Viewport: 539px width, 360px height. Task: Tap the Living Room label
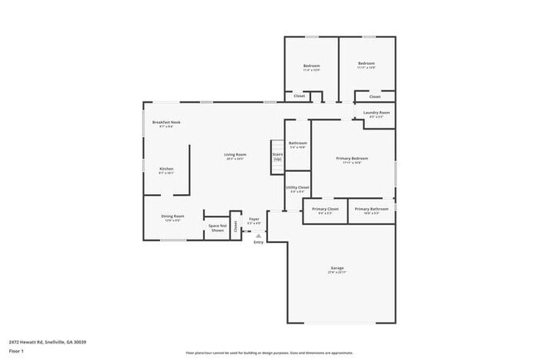tap(235, 155)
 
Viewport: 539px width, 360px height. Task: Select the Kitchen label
tap(166, 169)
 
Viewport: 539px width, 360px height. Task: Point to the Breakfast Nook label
tap(166, 123)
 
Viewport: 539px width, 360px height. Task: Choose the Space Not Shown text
tap(217, 227)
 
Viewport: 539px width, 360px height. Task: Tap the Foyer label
tap(255, 220)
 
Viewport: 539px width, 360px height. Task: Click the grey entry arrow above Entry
tap(258, 235)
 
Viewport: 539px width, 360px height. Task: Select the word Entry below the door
tap(258, 241)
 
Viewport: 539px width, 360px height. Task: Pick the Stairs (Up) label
tap(278, 155)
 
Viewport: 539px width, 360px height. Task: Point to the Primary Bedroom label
tap(352, 159)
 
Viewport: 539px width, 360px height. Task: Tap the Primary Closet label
tap(325, 209)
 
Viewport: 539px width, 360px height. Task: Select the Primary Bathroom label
tap(371, 209)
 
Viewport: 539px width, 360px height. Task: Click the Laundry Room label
tap(376, 114)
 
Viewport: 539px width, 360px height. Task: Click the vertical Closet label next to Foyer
tap(236, 225)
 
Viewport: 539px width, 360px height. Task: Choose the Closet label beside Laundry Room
tap(375, 96)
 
